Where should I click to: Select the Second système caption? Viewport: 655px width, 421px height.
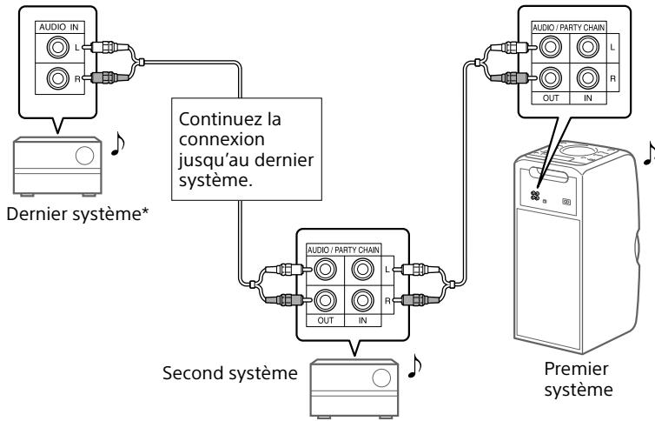coord(227,375)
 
